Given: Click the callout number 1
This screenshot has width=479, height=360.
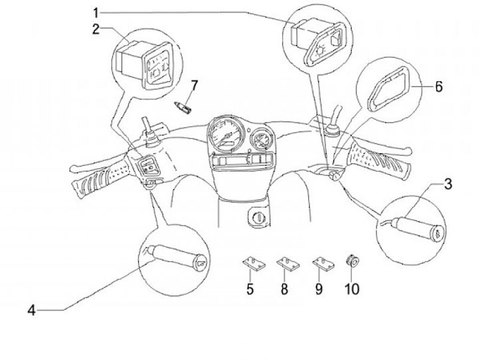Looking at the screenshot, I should [96, 13].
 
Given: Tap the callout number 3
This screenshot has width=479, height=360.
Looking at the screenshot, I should [448, 184].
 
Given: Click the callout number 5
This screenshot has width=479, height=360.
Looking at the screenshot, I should [250, 289].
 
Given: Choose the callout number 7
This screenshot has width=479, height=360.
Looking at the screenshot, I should [194, 85].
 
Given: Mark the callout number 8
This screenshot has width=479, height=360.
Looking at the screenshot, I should [284, 289].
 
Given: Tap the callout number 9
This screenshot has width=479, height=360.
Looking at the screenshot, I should [319, 289].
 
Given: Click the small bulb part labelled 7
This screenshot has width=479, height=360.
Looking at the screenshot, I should [186, 104].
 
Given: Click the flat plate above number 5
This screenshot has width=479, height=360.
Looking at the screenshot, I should [251, 264].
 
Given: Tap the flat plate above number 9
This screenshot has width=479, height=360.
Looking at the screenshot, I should [322, 264].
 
